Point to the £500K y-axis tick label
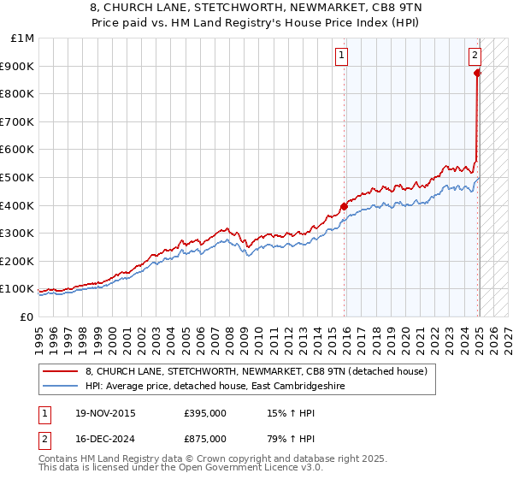tap(18, 177)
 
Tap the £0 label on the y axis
tap(27, 316)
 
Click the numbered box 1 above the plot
tap(341, 56)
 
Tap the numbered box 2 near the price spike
tap(475, 56)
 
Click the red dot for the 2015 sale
tap(344, 206)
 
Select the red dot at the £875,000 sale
tap(477, 74)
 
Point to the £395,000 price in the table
tap(205, 413)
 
